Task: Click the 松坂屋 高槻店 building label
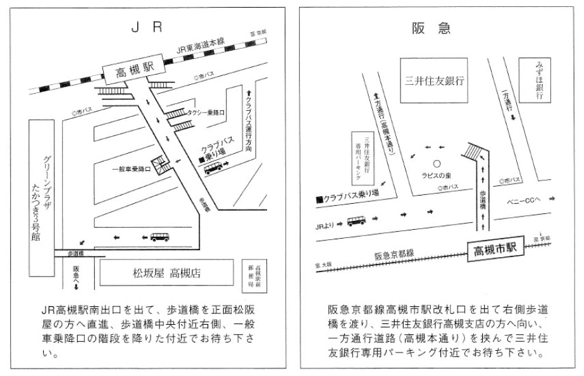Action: [166, 273]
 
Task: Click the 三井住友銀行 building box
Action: [434, 81]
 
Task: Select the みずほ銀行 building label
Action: [540, 81]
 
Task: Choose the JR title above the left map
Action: [147, 27]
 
